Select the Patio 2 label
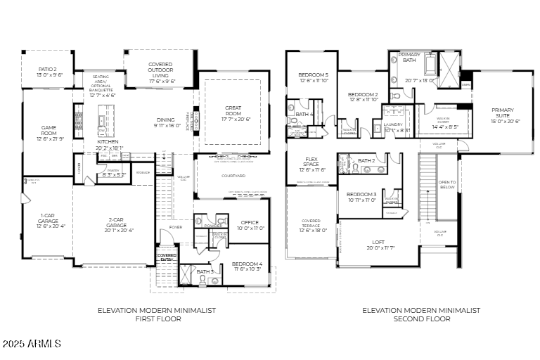(50, 72)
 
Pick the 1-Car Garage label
(49, 221)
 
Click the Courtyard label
(233, 176)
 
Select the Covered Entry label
(167, 257)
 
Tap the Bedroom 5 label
(313, 77)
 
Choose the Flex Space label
(311, 164)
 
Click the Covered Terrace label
(311, 225)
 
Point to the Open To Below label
(447, 185)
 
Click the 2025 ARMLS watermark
(32, 344)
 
